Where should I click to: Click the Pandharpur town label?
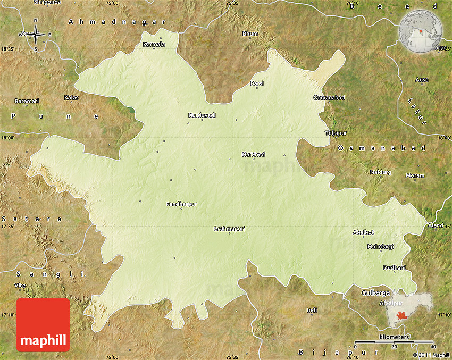[181, 204]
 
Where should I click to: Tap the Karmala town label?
[154, 45]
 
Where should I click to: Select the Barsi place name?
[257, 83]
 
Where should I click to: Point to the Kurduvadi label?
[202, 115]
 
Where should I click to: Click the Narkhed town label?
[253, 154]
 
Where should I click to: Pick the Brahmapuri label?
[229, 229]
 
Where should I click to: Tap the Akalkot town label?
[363, 232]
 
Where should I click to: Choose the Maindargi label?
[380, 246]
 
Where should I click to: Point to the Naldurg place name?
[380, 172]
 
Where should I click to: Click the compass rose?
[36, 34]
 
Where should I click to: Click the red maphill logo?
[43, 324]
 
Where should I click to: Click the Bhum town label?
[250, 34]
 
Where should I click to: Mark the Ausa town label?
[422, 80]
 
